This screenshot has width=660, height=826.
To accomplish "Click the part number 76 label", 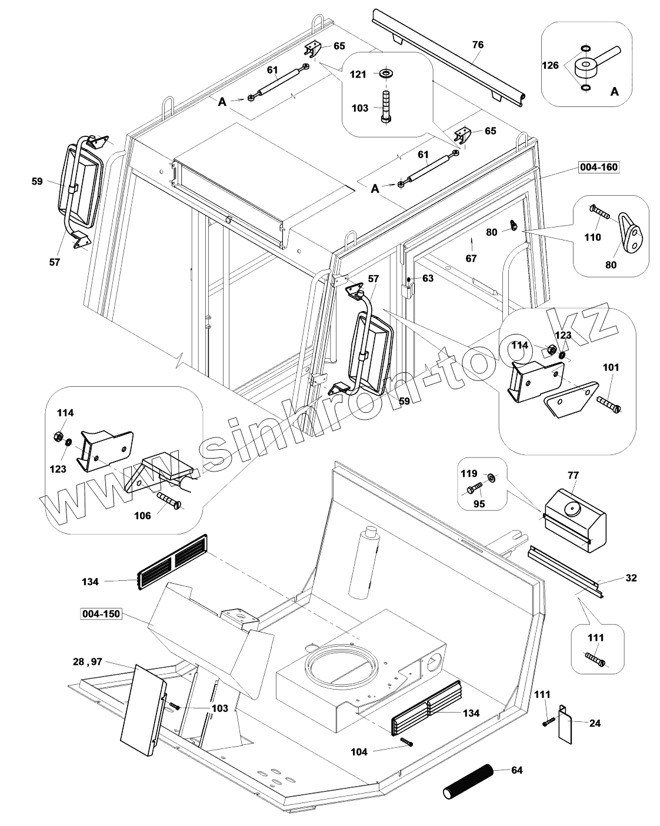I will (478, 45).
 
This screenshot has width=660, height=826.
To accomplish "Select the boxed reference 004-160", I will (598, 168).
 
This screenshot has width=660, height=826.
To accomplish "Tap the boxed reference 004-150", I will (100, 614).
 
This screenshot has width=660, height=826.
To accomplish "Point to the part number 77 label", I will (573, 474).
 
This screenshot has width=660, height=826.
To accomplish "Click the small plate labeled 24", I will (564, 721).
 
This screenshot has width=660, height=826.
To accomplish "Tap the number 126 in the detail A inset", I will (550, 66).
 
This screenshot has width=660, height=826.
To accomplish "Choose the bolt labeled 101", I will (609, 404).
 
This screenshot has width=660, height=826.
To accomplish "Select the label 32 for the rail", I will (631, 578).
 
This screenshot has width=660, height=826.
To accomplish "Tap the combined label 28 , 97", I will (88, 661).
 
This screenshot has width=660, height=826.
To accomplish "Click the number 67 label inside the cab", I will (471, 258).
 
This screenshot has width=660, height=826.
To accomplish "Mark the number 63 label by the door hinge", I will (428, 278).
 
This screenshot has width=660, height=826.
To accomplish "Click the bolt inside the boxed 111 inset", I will (595, 659).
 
